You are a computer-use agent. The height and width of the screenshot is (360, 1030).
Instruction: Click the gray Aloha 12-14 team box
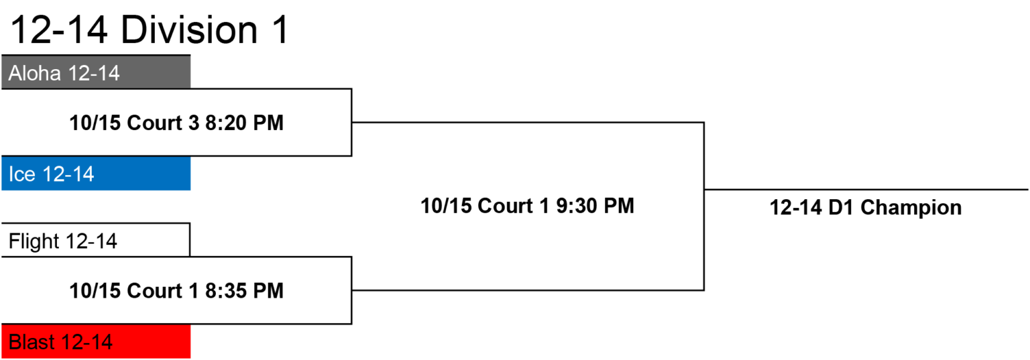point(96,72)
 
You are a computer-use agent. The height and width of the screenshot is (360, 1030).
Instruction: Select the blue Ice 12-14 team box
point(96,174)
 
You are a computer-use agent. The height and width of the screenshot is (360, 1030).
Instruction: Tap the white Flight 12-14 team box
point(96,240)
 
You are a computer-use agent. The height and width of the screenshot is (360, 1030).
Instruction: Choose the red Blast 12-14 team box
point(96,341)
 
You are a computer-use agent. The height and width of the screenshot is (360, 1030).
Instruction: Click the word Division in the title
point(189,30)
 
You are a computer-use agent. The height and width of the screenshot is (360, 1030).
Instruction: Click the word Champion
point(911,208)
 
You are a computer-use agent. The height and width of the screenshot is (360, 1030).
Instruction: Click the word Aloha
point(34,73)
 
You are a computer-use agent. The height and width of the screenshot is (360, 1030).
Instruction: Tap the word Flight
point(34,241)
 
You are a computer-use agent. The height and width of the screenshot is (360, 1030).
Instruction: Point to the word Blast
point(32,342)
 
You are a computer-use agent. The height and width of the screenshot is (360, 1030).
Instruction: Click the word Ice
point(21,174)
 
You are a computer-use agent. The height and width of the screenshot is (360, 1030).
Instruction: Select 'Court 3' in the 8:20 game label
point(163,123)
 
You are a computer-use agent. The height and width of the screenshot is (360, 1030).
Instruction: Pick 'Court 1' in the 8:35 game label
point(163,290)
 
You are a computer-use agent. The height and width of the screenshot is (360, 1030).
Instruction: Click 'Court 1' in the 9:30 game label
point(514,206)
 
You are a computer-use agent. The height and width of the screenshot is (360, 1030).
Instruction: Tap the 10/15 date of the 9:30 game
point(447,206)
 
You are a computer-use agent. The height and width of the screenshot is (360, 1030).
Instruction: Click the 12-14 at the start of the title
point(59,30)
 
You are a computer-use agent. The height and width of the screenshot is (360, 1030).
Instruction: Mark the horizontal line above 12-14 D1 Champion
point(866,189)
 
